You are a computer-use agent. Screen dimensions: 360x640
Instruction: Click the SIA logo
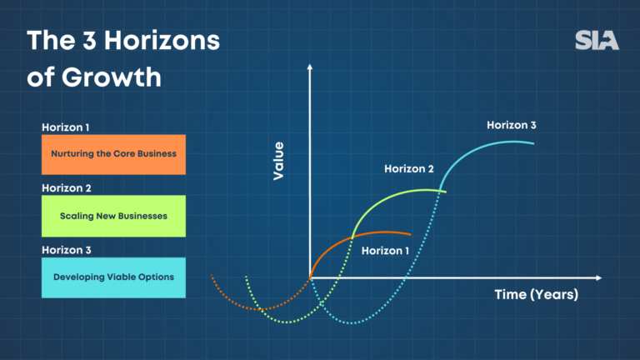point(597,40)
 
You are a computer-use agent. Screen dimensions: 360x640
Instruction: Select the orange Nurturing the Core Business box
point(113,154)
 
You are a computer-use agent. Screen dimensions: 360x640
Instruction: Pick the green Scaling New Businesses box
point(113,216)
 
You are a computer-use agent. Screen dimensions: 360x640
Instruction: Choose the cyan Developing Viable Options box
point(113,277)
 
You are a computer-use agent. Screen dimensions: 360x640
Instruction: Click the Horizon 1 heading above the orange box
point(66,127)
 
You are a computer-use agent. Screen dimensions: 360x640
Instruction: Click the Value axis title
point(278,161)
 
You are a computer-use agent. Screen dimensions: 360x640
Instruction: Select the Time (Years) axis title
point(536,294)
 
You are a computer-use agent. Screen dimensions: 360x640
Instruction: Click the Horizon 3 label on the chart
point(512,126)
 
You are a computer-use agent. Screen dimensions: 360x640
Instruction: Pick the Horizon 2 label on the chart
point(408,168)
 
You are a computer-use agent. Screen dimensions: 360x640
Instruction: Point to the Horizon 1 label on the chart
point(386,249)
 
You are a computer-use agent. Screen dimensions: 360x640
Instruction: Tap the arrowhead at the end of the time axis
point(597,277)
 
